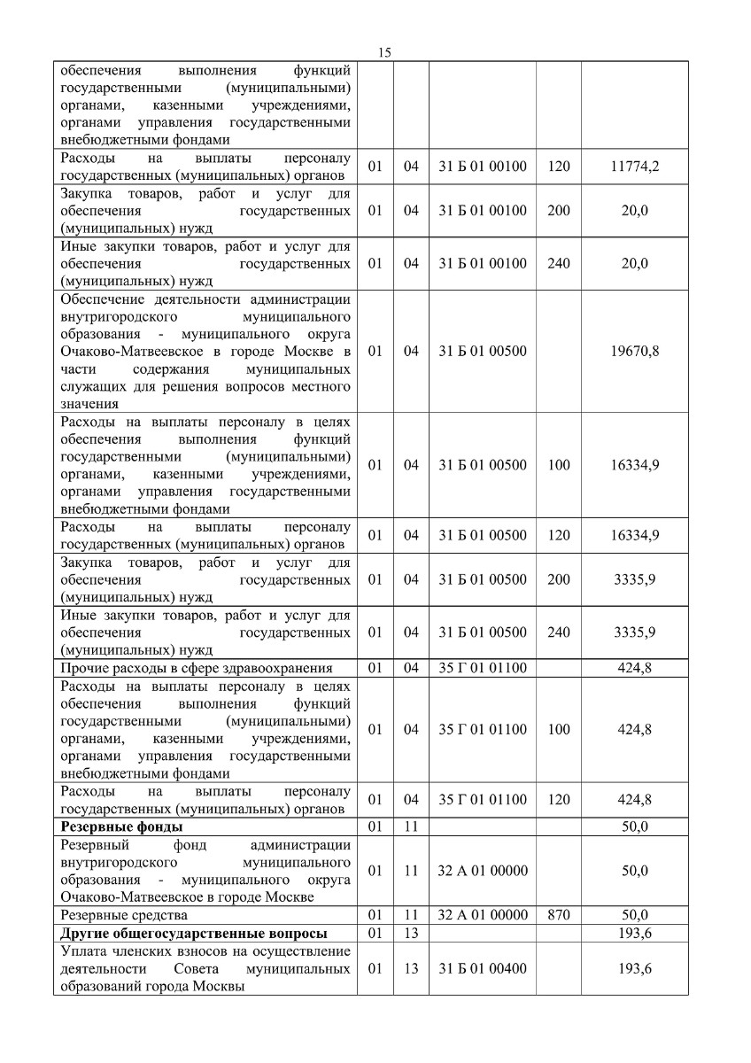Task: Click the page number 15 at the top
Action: pos(384,52)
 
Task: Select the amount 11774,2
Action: pos(634,166)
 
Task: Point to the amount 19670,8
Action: pos(634,351)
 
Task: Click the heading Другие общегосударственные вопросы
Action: pos(193,934)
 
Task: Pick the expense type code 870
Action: pos(559,914)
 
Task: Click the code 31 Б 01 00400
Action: pos(483,968)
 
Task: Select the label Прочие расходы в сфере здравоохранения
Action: pos(197,668)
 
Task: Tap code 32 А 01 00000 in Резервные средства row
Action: pos(483,914)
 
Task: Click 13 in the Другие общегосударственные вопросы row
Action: pos(411,934)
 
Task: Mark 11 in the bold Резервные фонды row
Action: pos(411,827)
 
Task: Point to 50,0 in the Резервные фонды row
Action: pos(634,827)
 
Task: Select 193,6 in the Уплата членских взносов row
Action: pos(634,968)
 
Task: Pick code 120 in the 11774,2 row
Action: pos(559,166)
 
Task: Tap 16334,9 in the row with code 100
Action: pos(634,464)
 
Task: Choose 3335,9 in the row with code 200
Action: pos(634,579)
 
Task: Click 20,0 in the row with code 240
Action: pos(634,263)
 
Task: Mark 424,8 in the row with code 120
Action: pos(634,799)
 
